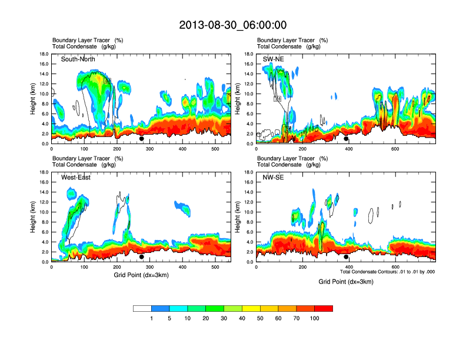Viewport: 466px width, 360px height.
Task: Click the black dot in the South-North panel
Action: (142, 139)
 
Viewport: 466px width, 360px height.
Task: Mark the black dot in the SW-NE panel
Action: (347, 139)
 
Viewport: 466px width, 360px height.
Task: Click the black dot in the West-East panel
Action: (142, 257)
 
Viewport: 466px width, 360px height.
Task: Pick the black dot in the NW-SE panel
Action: (347, 257)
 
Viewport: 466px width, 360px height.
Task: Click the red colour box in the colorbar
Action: (324, 308)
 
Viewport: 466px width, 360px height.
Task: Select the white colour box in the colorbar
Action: (142, 308)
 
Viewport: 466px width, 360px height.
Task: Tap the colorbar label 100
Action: (315, 318)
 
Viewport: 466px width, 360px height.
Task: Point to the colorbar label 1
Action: (152, 318)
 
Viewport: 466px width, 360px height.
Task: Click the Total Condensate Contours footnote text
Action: (387, 272)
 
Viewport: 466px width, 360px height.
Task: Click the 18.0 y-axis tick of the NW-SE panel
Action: (248, 172)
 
